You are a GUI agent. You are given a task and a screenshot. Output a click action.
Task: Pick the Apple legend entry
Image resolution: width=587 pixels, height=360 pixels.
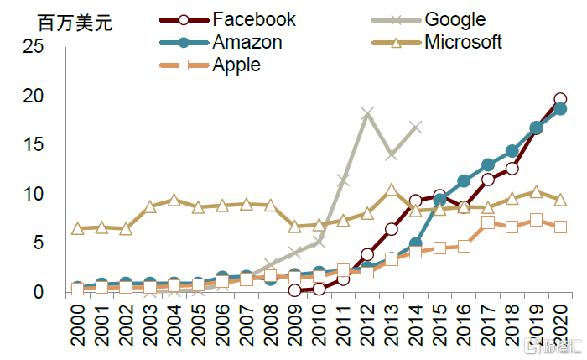(x=236, y=65)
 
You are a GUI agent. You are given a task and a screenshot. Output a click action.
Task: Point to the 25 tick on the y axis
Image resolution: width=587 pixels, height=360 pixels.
(x=34, y=47)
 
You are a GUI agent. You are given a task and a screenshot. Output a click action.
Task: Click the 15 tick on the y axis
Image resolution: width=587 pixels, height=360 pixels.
(x=34, y=145)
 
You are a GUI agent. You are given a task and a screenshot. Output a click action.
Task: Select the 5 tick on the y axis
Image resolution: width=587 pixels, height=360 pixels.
(x=39, y=243)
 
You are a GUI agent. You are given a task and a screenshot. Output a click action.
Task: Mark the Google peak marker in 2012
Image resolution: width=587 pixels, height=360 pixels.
(x=367, y=113)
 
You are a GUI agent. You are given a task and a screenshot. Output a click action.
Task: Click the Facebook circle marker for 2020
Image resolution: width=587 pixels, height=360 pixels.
(x=560, y=99)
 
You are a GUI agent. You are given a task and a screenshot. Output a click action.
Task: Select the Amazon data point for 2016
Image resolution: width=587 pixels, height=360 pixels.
(x=464, y=180)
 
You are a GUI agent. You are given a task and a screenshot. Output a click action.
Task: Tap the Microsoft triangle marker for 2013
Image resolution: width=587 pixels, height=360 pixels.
(x=392, y=190)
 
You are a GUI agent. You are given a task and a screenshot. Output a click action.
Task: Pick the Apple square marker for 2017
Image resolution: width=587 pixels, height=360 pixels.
(x=488, y=222)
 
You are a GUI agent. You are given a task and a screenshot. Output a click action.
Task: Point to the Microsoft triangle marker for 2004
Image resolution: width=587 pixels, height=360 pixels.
(x=174, y=200)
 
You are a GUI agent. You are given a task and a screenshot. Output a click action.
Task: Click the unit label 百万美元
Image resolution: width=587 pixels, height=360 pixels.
(x=75, y=23)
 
